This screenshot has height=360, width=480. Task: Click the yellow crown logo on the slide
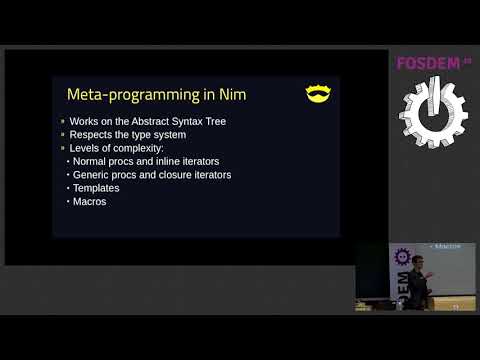point(318,94)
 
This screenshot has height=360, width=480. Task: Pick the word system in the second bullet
point(167,135)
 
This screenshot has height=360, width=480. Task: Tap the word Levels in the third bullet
point(85,148)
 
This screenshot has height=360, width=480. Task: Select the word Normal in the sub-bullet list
point(92,161)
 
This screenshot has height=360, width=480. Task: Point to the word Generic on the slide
point(93,174)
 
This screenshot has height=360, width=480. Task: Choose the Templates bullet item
point(98,187)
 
